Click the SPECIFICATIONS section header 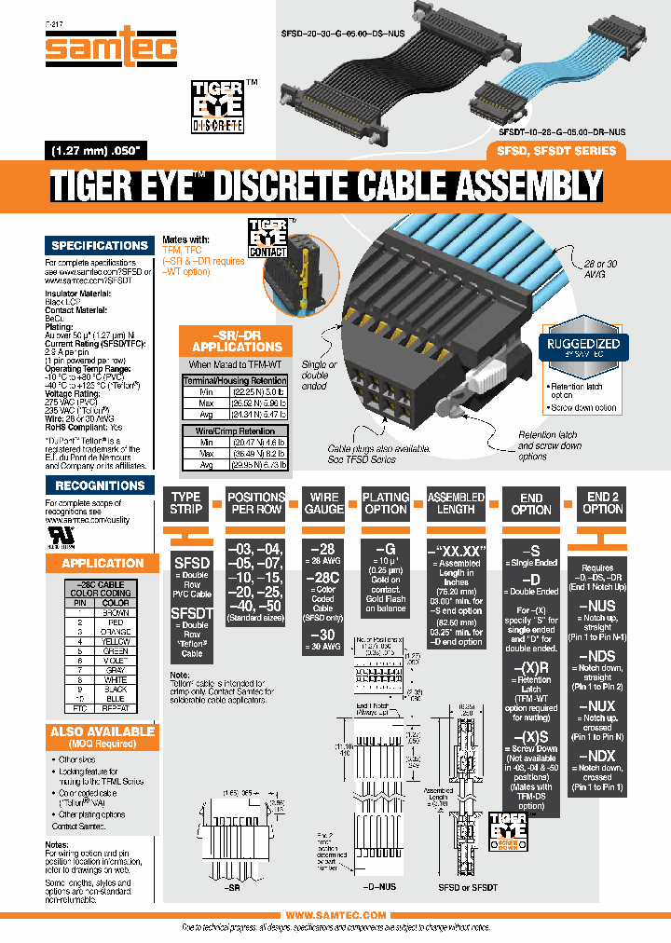[x=100, y=246]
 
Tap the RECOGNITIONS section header [x=100, y=485]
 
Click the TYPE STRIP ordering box [x=186, y=504]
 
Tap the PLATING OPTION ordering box [x=386, y=504]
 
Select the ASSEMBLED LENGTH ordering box [x=456, y=504]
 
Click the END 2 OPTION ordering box [x=603, y=504]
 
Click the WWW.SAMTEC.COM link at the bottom [x=335, y=916]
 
